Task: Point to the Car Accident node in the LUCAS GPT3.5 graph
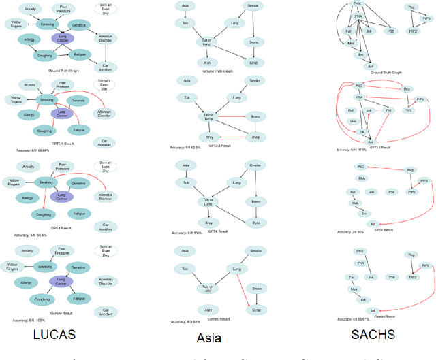click(x=106, y=142)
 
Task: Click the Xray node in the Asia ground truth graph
click(x=204, y=62)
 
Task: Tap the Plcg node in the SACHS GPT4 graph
click(x=391, y=173)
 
